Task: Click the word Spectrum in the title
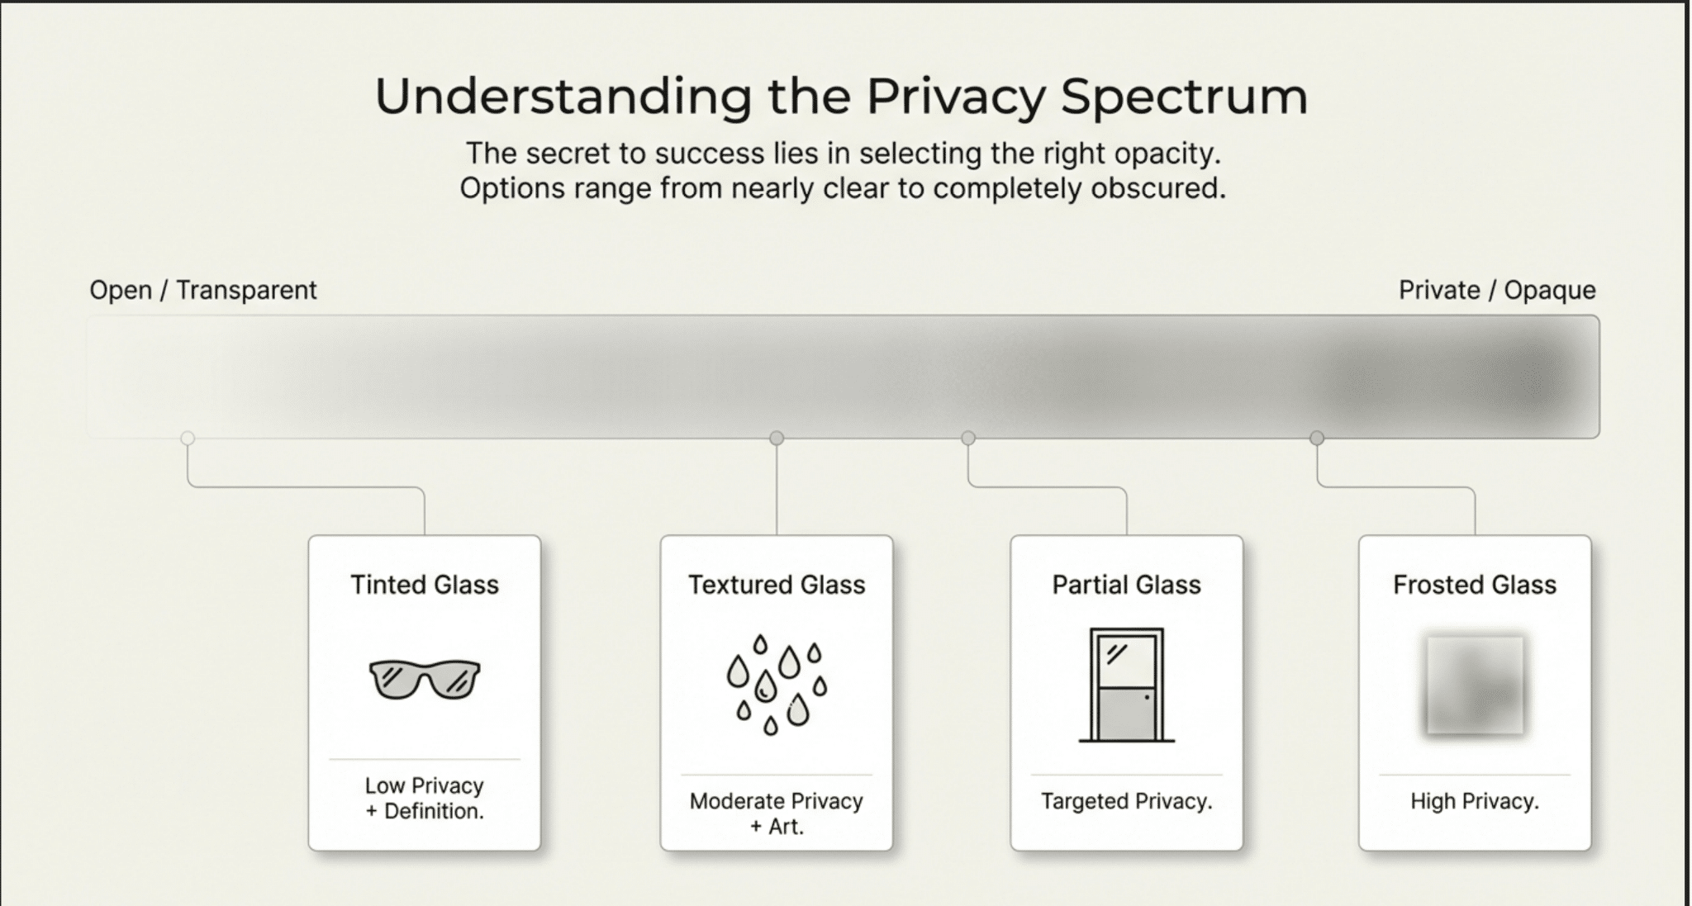point(1184,97)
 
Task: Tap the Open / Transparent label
point(203,290)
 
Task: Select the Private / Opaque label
point(1497,290)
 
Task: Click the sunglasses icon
point(425,679)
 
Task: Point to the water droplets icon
point(776,685)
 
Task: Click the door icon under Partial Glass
point(1126,685)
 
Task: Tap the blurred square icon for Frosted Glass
point(1475,685)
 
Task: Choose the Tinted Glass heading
point(425,585)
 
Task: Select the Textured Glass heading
point(777,585)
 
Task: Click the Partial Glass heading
point(1126,585)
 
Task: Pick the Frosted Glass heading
point(1475,585)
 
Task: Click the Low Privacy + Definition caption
point(425,798)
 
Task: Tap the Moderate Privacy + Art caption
point(777,814)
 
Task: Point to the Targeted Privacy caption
point(1126,801)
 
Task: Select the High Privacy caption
point(1475,801)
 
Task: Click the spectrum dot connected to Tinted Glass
point(188,438)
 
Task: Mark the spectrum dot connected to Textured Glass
point(777,438)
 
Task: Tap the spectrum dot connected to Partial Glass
point(968,438)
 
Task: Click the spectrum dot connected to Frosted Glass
point(1317,438)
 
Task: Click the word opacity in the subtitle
point(1165,154)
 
